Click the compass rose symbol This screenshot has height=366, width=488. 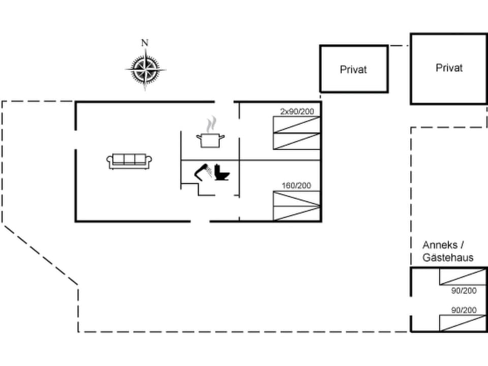(145, 70)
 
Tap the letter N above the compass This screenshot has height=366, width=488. (145, 43)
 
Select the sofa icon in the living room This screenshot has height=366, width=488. (130, 161)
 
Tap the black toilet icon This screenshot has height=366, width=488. (222, 172)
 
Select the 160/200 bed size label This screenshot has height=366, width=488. (296, 186)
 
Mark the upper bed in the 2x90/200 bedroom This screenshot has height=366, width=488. (296, 125)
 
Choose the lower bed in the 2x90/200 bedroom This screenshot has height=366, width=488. (296, 141)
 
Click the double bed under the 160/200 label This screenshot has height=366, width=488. (296, 206)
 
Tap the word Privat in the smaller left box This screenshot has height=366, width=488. (353, 70)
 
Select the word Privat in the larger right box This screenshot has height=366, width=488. (449, 68)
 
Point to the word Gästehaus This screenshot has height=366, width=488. (448, 258)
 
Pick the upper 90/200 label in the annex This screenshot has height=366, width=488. (464, 291)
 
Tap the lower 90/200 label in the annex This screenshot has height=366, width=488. (464, 310)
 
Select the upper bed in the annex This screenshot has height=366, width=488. (462, 277)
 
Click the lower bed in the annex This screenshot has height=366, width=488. (462, 323)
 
